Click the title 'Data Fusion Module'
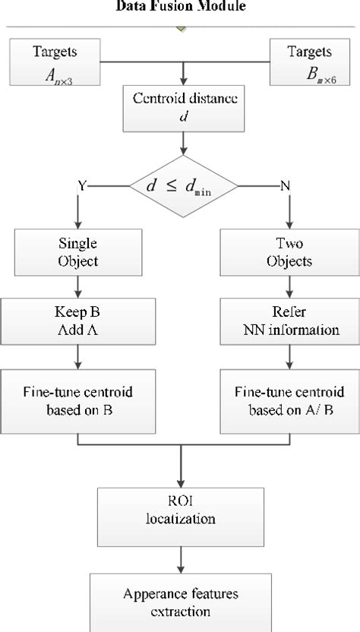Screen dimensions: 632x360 click(x=180, y=6)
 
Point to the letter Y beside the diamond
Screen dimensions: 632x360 click(x=81, y=185)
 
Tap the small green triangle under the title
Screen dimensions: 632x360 click(x=180, y=29)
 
